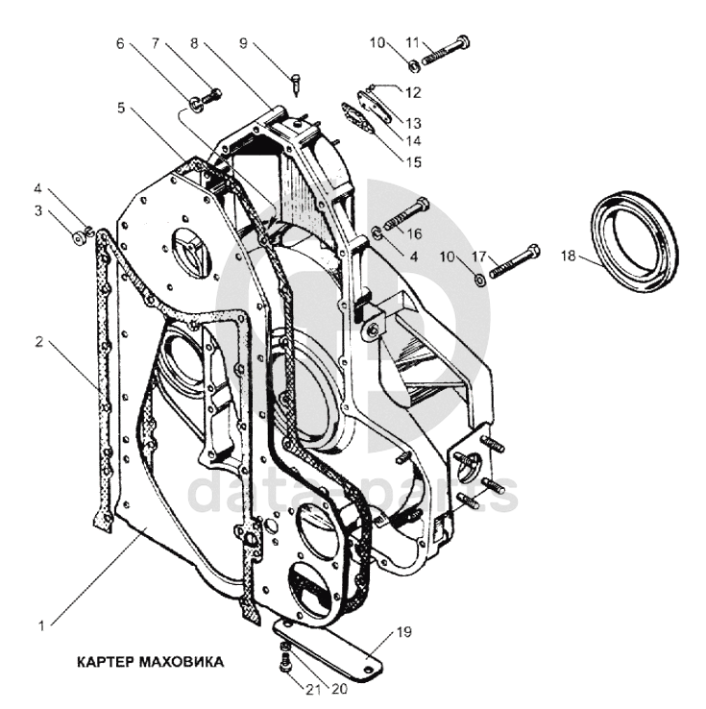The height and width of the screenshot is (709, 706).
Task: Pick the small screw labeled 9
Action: tap(298, 85)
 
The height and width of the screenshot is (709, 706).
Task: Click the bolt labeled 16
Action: tap(407, 213)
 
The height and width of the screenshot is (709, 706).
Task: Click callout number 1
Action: tap(41, 625)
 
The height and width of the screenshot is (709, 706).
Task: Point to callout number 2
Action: tap(38, 341)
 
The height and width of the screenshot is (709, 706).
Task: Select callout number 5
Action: tap(121, 108)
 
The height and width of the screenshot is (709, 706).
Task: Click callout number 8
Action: tap(195, 43)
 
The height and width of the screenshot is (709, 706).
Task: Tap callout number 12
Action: tap(413, 92)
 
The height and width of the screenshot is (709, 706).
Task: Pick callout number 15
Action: tap(413, 162)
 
